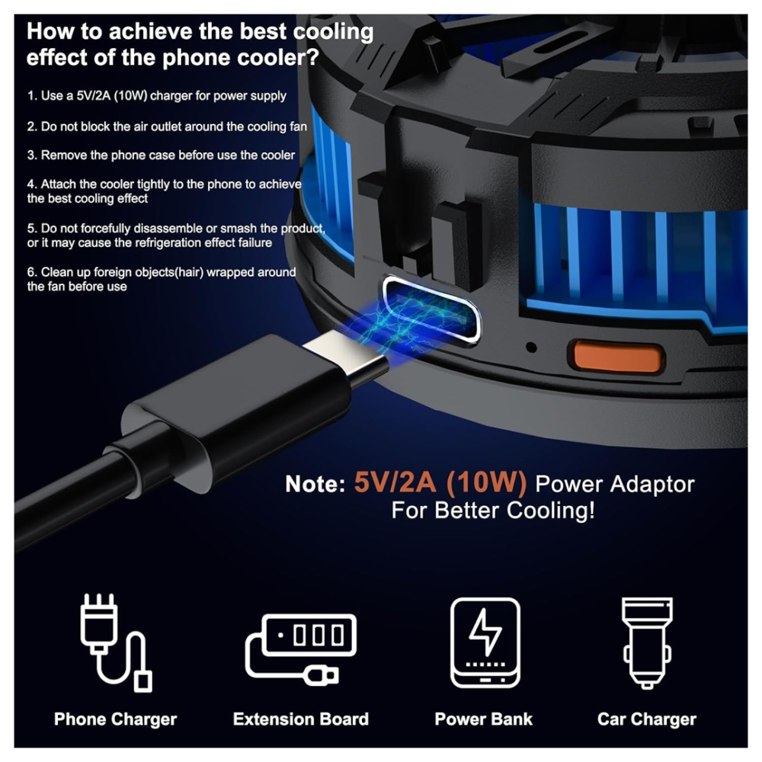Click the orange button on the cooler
[616, 356]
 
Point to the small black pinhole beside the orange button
[532, 347]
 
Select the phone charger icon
[116, 642]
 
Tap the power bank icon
[485, 642]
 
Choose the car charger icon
[647, 642]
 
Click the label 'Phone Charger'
[116, 719]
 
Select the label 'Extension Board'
[301, 719]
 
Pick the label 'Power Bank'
[484, 719]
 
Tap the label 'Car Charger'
[647, 719]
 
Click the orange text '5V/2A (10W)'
[440, 482]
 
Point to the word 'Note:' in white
[315, 484]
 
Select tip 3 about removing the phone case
[161, 155]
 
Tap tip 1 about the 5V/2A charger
[156, 96]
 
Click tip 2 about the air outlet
[167, 126]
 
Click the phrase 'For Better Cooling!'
[493, 511]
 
